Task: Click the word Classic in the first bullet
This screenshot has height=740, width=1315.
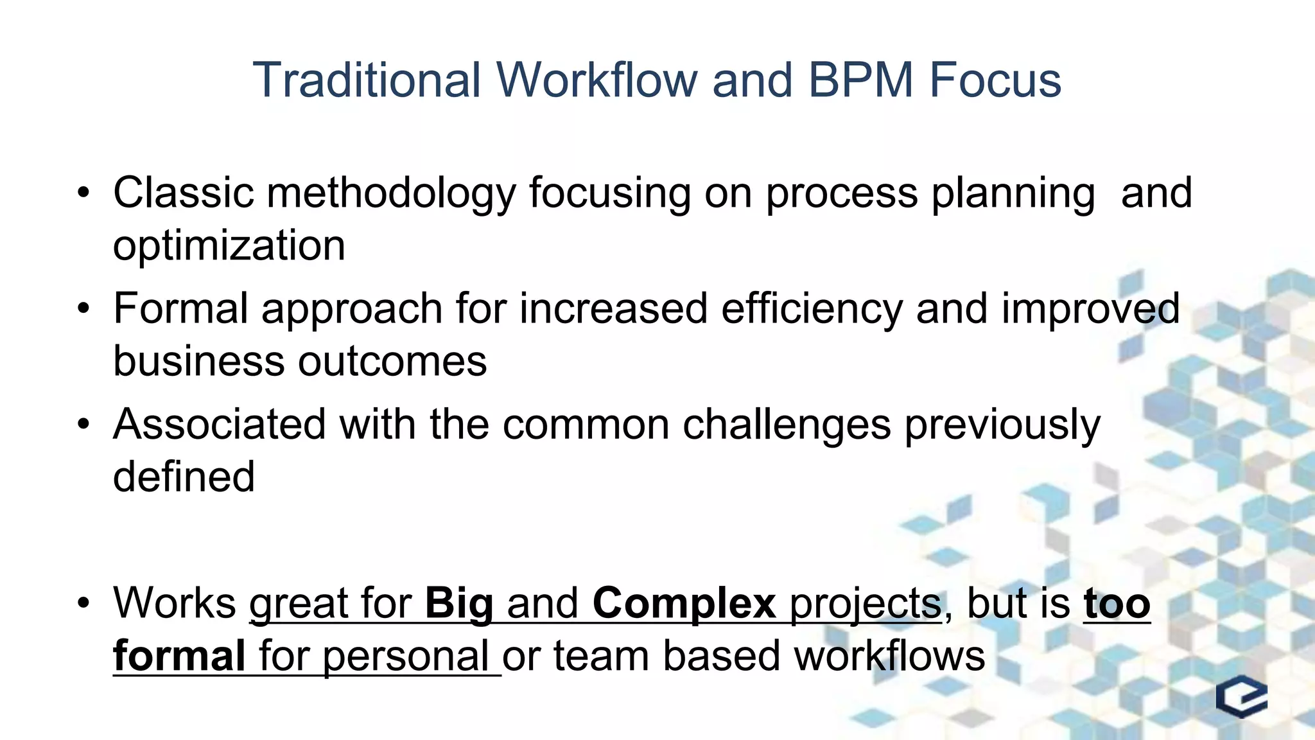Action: (183, 193)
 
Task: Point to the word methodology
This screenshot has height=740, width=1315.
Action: (390, 194)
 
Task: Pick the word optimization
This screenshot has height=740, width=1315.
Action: (229, 246)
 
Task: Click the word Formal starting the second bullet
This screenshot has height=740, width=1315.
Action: (180, 308)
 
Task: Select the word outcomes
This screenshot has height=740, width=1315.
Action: (392, 361)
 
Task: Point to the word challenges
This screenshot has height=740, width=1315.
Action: (787, 425)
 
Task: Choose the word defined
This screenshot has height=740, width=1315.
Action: (184, 477)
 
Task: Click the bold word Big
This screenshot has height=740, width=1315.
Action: (459, 604)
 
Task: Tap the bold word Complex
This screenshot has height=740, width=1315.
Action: (684, 604)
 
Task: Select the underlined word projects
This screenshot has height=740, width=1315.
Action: (865, 604)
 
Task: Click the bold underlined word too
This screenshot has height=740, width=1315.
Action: (1117, 604)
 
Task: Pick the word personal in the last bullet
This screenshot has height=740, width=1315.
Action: (406, 657)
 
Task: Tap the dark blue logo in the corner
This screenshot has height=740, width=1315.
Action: (1242, 696)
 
